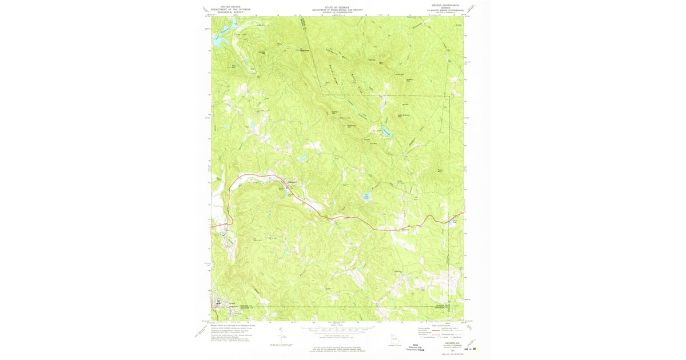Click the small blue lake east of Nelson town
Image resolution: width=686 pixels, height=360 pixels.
[366, 197]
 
